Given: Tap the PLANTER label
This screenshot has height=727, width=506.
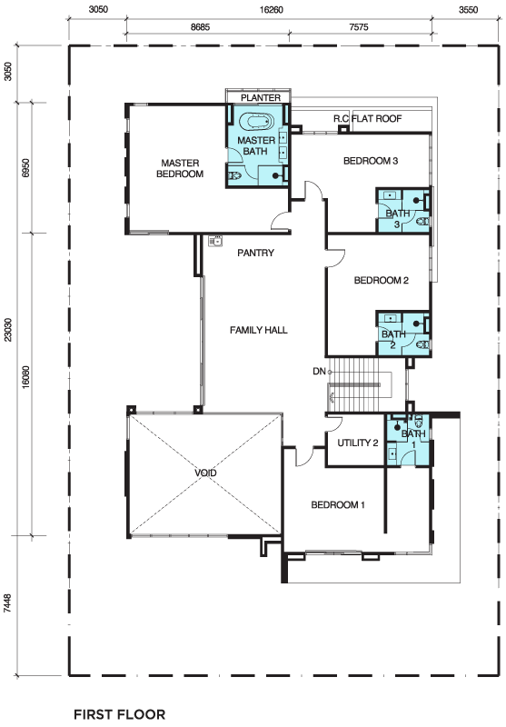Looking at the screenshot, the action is tap(261, 98).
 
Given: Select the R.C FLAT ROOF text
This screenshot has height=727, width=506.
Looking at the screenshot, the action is tap(367, 119).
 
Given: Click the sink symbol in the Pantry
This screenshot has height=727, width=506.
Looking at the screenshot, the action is tap(215, 241).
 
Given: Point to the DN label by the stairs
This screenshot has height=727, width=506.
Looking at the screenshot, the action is tap(319, 372).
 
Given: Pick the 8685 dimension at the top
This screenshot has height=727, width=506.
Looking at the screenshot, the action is tap(200, 27).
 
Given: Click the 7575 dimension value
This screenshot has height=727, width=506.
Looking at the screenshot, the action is tap(359, 27).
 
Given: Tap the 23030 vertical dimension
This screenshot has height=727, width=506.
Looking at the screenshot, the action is tap(8, 330).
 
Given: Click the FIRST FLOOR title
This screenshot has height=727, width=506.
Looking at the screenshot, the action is tap(120, 714).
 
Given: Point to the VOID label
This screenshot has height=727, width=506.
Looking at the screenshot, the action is tap(205, 473).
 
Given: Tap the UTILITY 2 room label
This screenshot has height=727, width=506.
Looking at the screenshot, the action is tap(357, 443).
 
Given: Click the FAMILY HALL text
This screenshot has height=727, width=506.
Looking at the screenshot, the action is tap(259, 330).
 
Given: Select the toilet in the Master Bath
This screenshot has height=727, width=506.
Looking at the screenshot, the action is tap(234, 175).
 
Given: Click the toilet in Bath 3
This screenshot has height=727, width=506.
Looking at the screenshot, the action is tap(422, 222).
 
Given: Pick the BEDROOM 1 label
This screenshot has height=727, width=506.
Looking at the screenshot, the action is tap(338, 505).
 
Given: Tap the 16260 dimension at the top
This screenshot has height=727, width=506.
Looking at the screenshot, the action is tap(271, 9).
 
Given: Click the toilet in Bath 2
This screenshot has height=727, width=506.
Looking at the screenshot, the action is tap(422, 345).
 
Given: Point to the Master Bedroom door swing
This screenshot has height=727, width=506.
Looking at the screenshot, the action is tap(280, 220).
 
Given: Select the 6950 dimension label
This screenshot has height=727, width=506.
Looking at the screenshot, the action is tap(25, 168).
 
